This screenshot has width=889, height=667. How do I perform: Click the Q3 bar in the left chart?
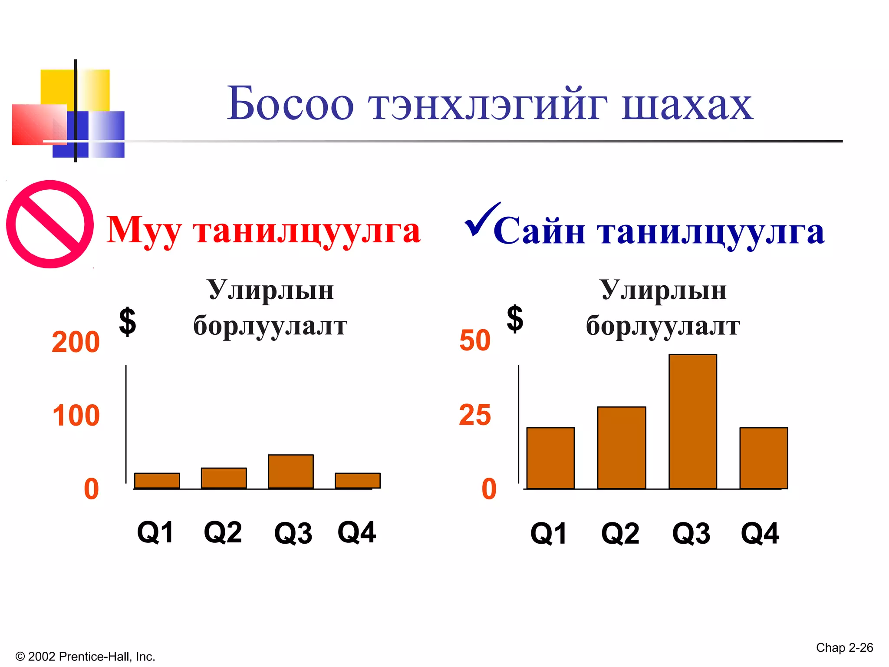point(291,472)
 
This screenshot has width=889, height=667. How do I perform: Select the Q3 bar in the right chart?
point(693,421)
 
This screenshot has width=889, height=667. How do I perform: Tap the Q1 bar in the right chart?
point(550,458)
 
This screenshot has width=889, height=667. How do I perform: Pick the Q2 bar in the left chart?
point(224,478)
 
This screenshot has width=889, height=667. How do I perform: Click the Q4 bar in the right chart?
point(764,458)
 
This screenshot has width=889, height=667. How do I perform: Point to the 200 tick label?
point(76,342)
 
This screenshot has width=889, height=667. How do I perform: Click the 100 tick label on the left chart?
point(76,416)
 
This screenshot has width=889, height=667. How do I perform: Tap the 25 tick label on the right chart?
point(475,415)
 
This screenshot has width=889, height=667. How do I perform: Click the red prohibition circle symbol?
point(50,224)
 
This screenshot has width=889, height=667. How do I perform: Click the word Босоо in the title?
point(290,104)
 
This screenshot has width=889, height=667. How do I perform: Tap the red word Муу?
point(143,230)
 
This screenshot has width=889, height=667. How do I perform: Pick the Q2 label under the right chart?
point(620,533)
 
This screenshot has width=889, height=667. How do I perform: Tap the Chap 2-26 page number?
point(844,647)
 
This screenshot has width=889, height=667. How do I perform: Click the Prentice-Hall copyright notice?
point(85,656)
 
